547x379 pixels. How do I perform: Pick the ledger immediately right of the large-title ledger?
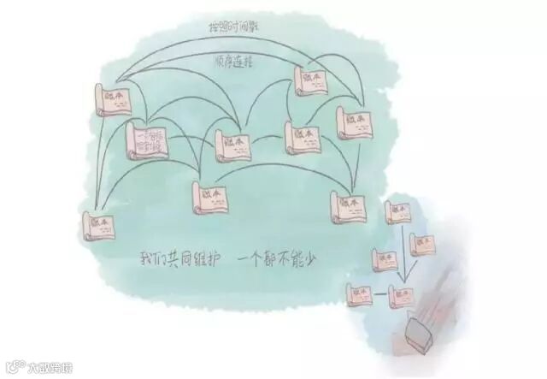[230, 145]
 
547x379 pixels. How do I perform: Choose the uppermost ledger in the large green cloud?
[310, 78]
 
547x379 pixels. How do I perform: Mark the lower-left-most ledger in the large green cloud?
[101, 223]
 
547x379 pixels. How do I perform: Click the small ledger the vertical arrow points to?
[399, 293]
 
